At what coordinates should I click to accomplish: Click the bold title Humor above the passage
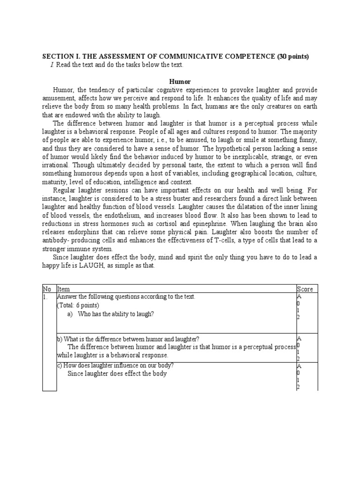pos(180,81)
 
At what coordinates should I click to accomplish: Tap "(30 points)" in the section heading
pos(292,57)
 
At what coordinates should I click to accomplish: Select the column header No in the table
pos(47,289)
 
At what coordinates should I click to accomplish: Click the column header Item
pos(63,289)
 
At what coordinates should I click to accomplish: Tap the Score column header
pos(305,289)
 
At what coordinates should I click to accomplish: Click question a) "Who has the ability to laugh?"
pos(115,314)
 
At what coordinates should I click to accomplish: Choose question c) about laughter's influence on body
pos(115,366)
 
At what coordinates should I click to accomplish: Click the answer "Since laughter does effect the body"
pos(117,374)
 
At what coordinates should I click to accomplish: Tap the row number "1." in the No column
pos(45,297)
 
